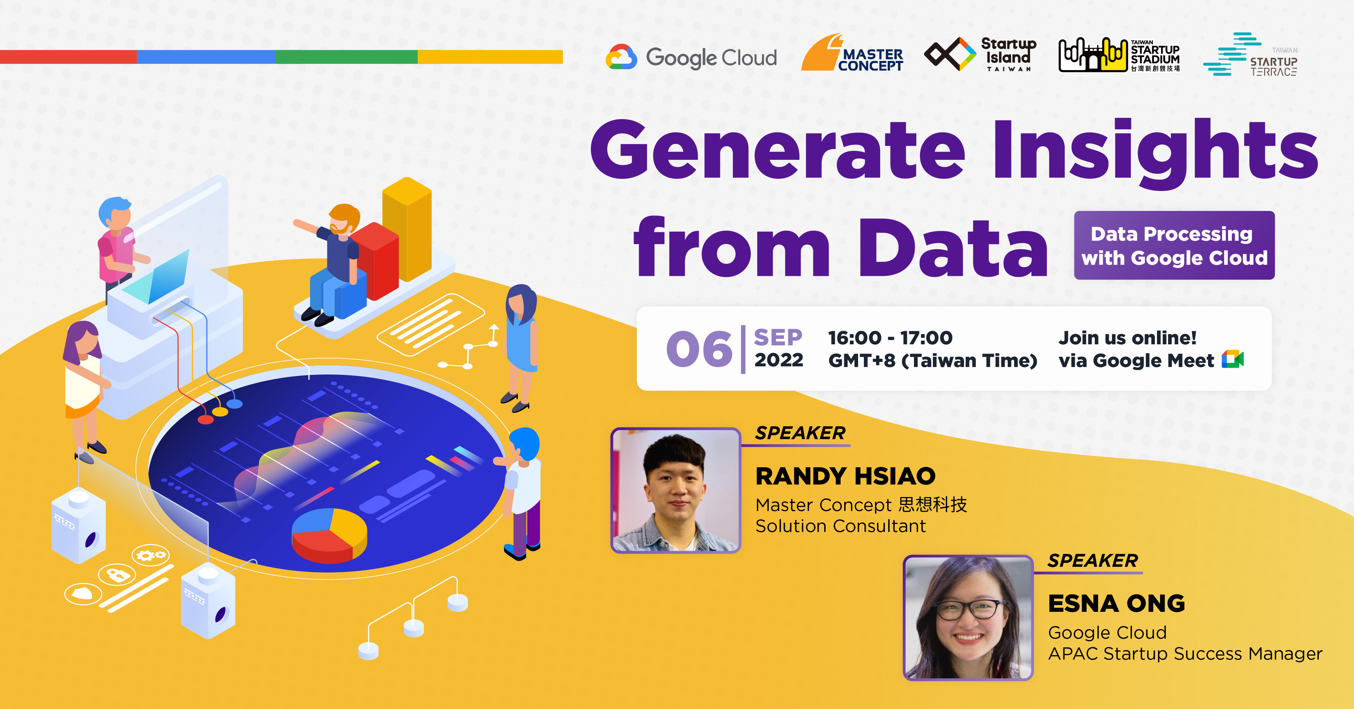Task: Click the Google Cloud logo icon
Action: (x=621, y=57)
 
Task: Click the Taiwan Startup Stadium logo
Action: (x=1119, y=55)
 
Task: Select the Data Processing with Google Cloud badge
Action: (x=1174, y=245)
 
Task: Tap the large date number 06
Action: (x=699, y=349)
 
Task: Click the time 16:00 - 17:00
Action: (x=890, y=338)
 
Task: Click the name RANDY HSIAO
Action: (x=846, y=476)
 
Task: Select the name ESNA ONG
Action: (x=1116, y=603)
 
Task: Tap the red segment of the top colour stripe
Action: (x=68, y=57)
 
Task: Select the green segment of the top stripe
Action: (x=346, y=57)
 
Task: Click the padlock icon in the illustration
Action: (x=119, y=575)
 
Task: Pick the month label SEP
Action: (x=778, y=338)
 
